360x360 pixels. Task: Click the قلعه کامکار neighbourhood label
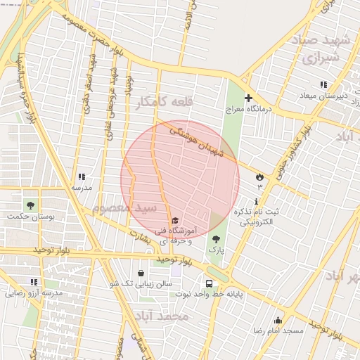165,102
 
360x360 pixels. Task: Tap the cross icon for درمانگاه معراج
247,98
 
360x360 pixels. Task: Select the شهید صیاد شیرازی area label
325,49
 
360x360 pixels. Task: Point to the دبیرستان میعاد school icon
325,95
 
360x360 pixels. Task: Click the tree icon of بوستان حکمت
31,205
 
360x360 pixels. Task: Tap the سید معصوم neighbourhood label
119,208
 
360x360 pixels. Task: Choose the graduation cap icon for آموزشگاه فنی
175,220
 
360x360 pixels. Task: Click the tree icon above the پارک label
216,240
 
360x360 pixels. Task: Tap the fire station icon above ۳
259,176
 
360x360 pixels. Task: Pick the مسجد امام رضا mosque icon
278,320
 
